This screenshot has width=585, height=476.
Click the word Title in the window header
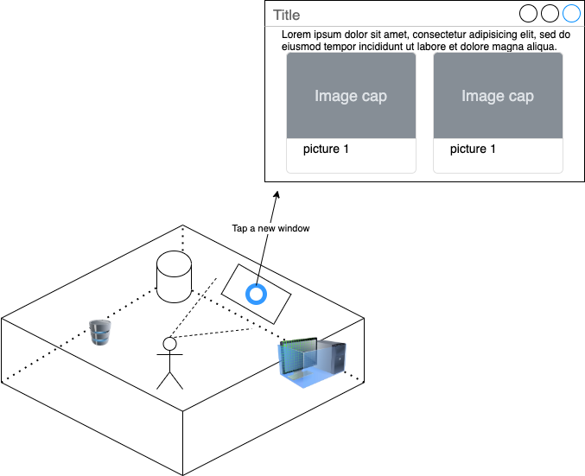click(x=287, y=15)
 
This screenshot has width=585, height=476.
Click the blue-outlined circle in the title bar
click(x=571, y=13)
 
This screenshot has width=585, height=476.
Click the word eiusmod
click(x=302, y=46)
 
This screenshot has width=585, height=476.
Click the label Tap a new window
click(x=270, y=229)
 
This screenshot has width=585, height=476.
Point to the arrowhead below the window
click(x=276, y=194)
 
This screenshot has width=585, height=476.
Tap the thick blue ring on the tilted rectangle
click(x=257, y=294)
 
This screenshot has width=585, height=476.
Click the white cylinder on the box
click(x=174, y=277)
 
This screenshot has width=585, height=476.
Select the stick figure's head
click(x=170, y=344)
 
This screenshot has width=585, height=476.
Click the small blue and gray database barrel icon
click(x=100, y=332)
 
